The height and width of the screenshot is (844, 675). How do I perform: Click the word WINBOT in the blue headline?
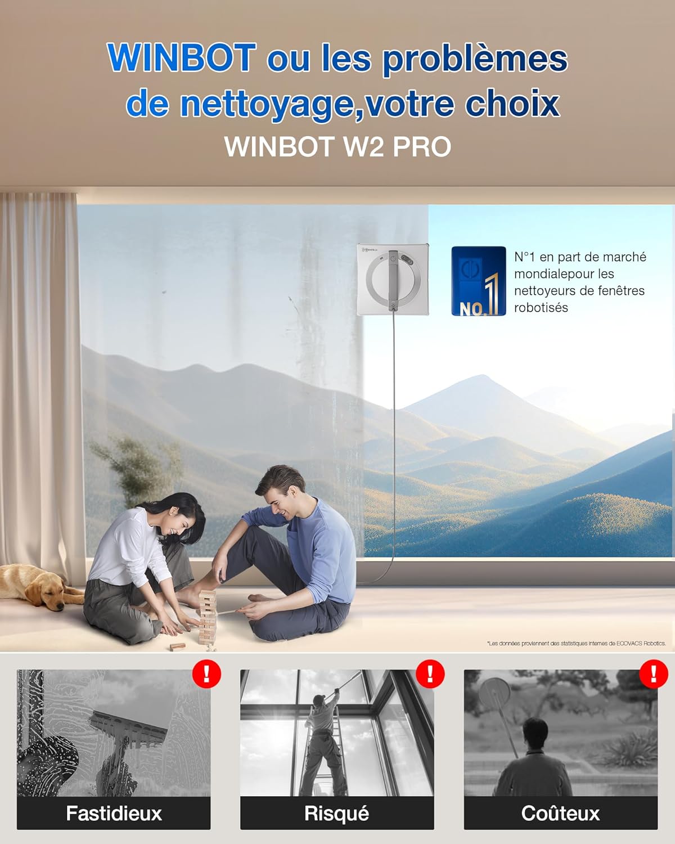181,58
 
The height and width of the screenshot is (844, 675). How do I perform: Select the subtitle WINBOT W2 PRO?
337,147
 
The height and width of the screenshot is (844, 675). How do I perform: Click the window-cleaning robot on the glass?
393,279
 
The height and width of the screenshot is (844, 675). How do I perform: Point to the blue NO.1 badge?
478,281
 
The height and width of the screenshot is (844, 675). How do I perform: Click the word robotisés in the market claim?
541,308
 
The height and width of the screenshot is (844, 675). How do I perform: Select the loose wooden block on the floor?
177,647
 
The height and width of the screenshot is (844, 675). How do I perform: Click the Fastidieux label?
114,813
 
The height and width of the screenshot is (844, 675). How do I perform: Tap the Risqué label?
336,813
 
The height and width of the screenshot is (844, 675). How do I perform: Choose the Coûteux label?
560,813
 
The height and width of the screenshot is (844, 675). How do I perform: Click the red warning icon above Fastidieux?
206,673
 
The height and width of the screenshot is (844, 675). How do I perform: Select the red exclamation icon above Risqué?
430,673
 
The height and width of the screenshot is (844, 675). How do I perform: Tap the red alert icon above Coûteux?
654,673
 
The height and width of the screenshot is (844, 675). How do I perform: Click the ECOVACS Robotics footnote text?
576,643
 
